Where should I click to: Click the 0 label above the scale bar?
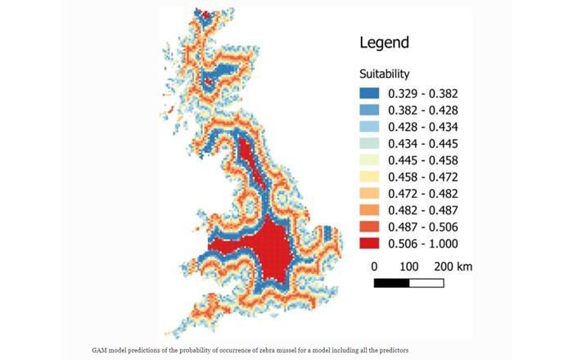(x=374, y=267)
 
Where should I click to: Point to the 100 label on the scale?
(x=409, y=267)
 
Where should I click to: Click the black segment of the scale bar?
(x=391, y=283)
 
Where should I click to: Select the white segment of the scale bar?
(x=426, y=283)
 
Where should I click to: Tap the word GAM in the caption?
(x=99, y=350)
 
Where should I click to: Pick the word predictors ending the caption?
(x=390, y=350)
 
